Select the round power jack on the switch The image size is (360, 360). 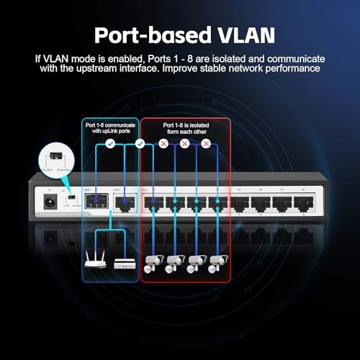[51, 202]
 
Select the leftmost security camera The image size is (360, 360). [153, 264]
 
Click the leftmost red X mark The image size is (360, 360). [163, 144]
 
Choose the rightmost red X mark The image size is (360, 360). [206, 144]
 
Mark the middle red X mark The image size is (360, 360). [184, 144]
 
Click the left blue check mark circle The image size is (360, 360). [109, 144]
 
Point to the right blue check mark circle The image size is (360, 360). [141, 144]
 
